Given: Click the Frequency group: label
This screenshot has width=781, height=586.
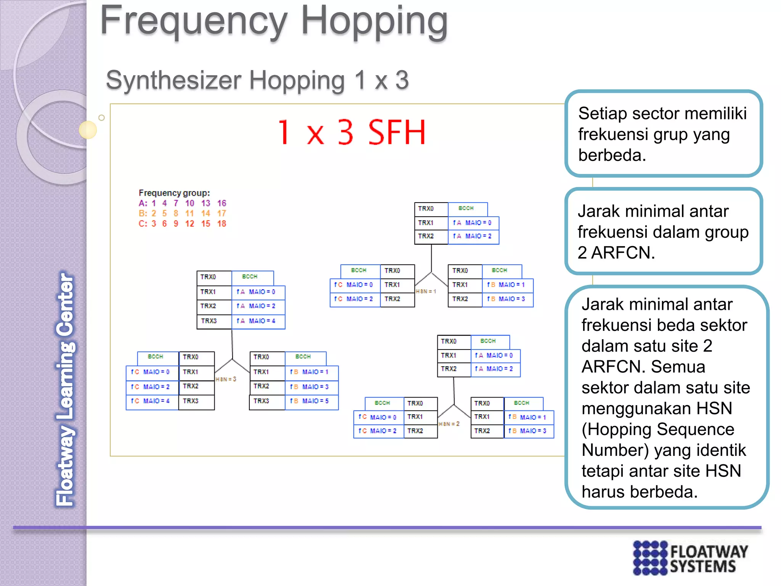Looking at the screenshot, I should (174, 193).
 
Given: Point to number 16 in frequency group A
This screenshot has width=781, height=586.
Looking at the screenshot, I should (222, 203).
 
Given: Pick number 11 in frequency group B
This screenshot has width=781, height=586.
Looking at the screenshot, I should (190, 213).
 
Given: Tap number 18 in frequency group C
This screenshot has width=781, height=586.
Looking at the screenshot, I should (222, 224).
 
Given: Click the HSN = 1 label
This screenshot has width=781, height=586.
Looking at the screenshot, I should (426, 291).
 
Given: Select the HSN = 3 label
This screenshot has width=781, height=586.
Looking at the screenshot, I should (226, 379).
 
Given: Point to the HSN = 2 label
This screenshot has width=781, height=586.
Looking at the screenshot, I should (449, 424).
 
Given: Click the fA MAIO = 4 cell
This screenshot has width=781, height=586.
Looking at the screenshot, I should (258, 321).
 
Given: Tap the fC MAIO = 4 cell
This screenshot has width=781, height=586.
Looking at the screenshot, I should (152, 401).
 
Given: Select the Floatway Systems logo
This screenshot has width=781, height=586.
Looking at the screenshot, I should (690, 558).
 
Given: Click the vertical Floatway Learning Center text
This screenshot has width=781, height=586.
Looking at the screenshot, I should (65, 389).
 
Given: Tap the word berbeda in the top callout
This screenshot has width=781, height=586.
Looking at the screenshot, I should (612, 155).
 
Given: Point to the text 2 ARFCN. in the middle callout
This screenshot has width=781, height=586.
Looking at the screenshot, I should (616, 253).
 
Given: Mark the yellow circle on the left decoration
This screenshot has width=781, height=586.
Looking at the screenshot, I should (88, 130).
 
